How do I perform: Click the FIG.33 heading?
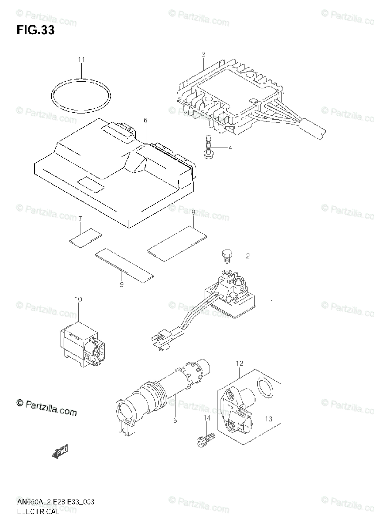point(36,30)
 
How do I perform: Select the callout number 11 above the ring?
point(80,60)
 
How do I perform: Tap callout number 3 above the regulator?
point(203,55)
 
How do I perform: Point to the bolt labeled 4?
point(207,148)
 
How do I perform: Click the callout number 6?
point(145,120)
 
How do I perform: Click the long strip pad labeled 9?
point(125,265)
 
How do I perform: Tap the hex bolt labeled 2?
point(226,256)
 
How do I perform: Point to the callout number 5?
point(175,420)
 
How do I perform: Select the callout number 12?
point(239,363)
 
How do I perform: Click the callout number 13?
point(269,419)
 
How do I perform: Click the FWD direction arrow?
point(60,451)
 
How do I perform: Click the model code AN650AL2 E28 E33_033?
point(55,502)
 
